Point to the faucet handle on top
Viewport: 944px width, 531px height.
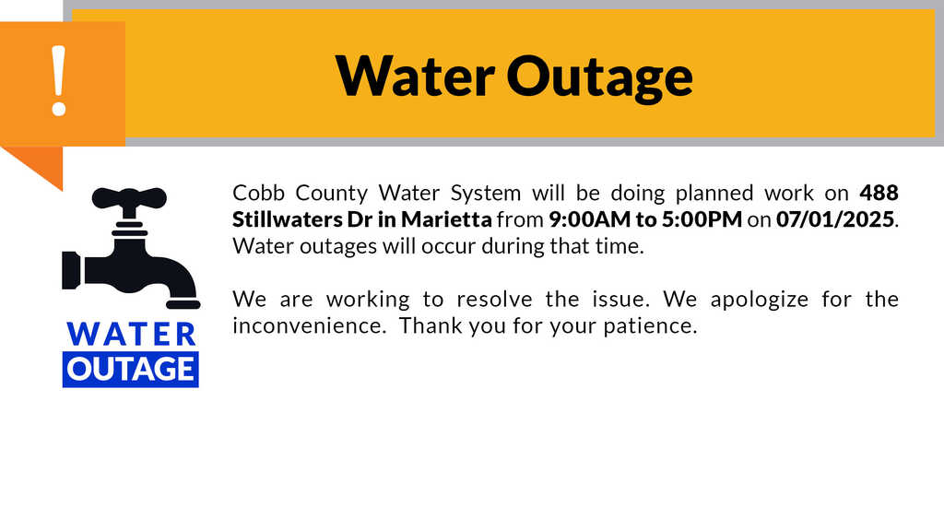coord(129,197)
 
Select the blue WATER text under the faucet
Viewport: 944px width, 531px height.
coord(131,334)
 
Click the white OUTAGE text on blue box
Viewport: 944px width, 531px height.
coord(131,369)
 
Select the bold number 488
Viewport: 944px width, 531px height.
coord(879,194)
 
